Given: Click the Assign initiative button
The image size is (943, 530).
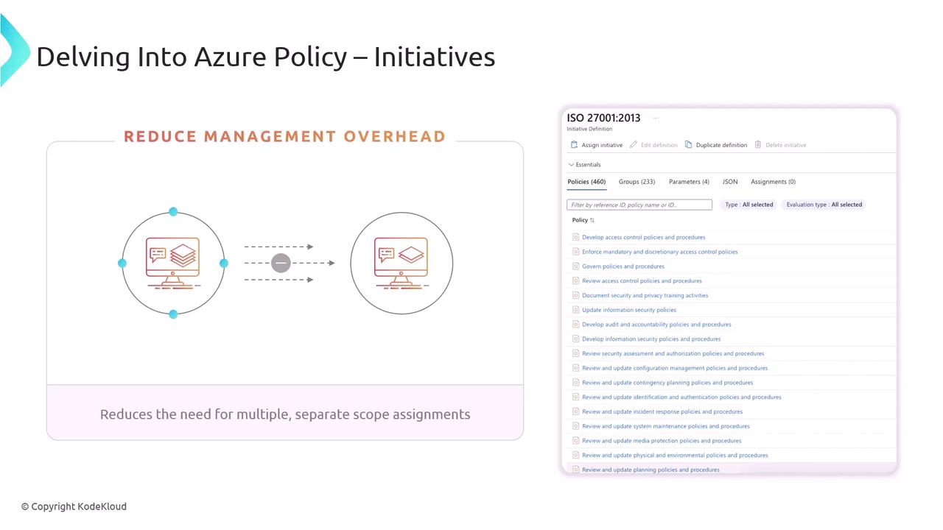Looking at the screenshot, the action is (597, 145).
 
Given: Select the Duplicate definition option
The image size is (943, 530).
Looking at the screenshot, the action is (716, 145).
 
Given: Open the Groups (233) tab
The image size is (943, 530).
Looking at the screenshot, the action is (637, 182).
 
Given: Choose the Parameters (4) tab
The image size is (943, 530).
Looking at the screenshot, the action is (689, 182).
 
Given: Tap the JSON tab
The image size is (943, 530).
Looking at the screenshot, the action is (730, 182).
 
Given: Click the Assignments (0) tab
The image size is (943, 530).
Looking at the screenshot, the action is (773, 182).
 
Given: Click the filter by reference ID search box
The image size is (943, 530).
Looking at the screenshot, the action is (639, 205).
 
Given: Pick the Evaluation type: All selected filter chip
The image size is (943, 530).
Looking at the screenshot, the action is (824, 205).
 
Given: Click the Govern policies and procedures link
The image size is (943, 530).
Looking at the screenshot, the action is (623, 266).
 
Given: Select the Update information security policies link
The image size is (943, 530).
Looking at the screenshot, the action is (629, 310).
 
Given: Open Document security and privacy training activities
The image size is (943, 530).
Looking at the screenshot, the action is (645, 295).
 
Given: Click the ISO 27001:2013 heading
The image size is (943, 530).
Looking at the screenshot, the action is (603, 118).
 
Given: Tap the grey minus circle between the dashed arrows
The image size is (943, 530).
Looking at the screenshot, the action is (281, 264).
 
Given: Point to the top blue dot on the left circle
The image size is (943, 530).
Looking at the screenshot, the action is (173, 211).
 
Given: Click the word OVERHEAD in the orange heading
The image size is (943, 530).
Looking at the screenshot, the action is (394, 137).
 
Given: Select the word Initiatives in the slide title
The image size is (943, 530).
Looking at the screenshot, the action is (434, 57).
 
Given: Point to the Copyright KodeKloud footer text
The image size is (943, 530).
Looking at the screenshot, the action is (74, 506).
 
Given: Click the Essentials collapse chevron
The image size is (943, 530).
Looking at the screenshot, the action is (571, 164).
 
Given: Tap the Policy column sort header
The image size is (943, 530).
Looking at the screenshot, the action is (583, 220).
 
